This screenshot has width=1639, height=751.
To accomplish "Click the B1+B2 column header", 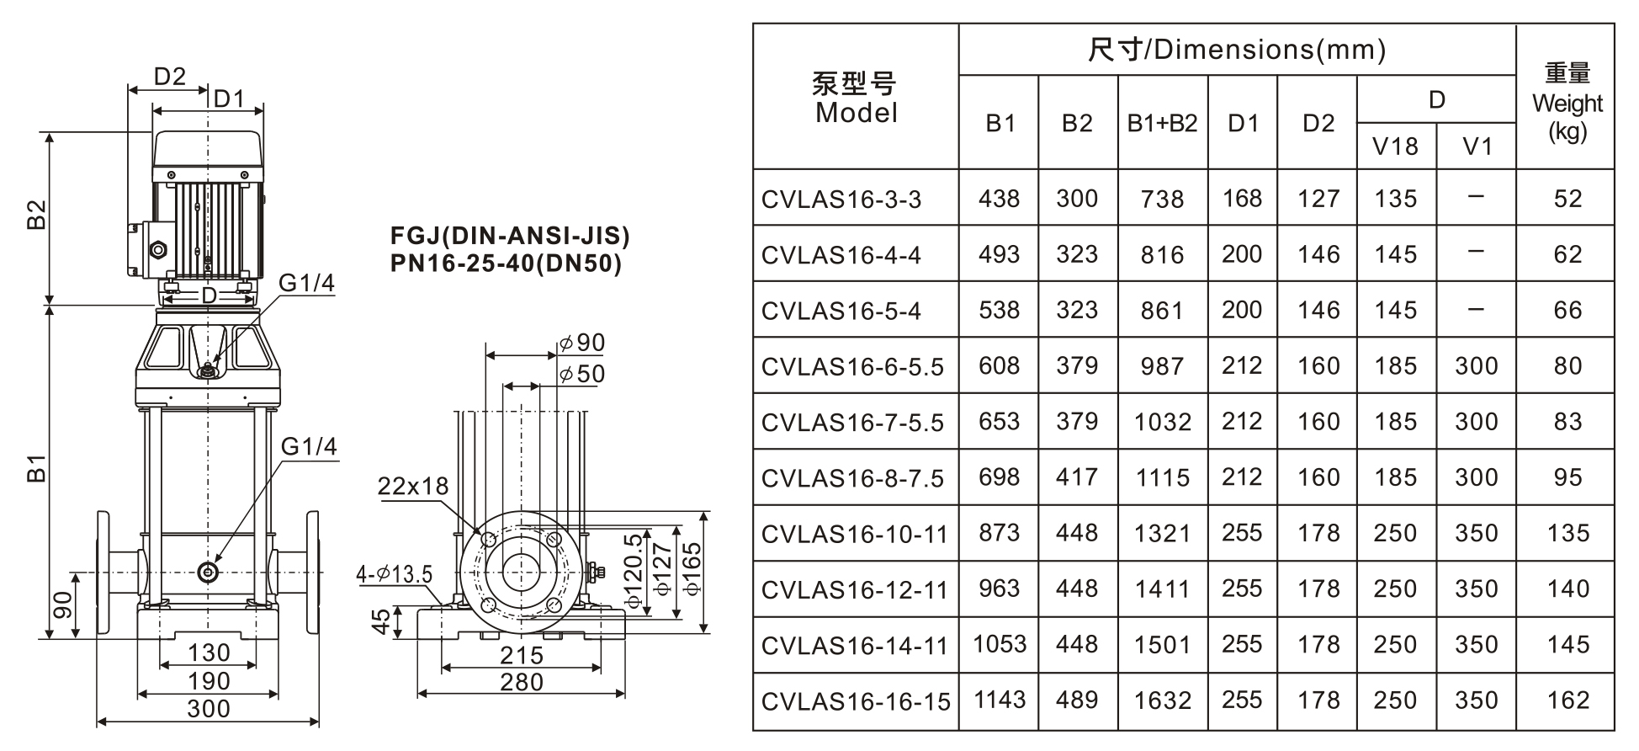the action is [x=1162, y=123].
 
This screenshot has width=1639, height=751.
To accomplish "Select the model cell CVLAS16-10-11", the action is [x=854, y=534].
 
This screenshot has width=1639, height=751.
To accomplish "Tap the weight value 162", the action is [x=1567, y=700].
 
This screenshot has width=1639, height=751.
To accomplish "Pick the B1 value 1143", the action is [x=1000, y=700].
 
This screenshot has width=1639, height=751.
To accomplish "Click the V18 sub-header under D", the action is [x=1395, y=146].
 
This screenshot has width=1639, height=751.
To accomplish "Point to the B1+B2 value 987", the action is [x=1162, y=366].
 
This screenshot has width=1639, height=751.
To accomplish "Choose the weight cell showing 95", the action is [x=1567, y=477].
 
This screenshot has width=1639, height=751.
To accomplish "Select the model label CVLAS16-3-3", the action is [x=841, y=200].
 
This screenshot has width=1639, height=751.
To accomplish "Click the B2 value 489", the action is [x=1077, y=700].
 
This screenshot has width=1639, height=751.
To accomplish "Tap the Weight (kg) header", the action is [x=1567, y=103].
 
